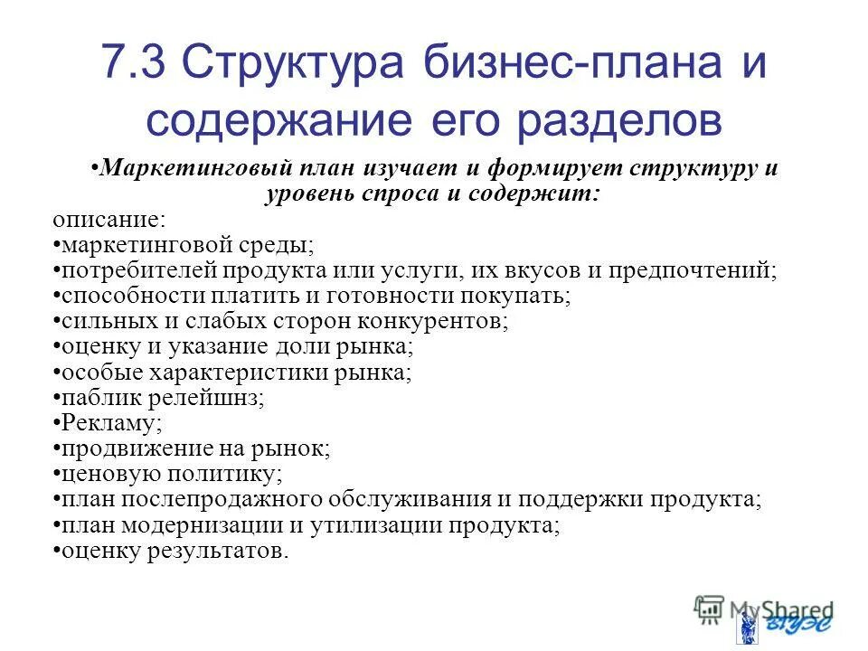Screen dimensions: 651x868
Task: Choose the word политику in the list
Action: coord(232,474)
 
